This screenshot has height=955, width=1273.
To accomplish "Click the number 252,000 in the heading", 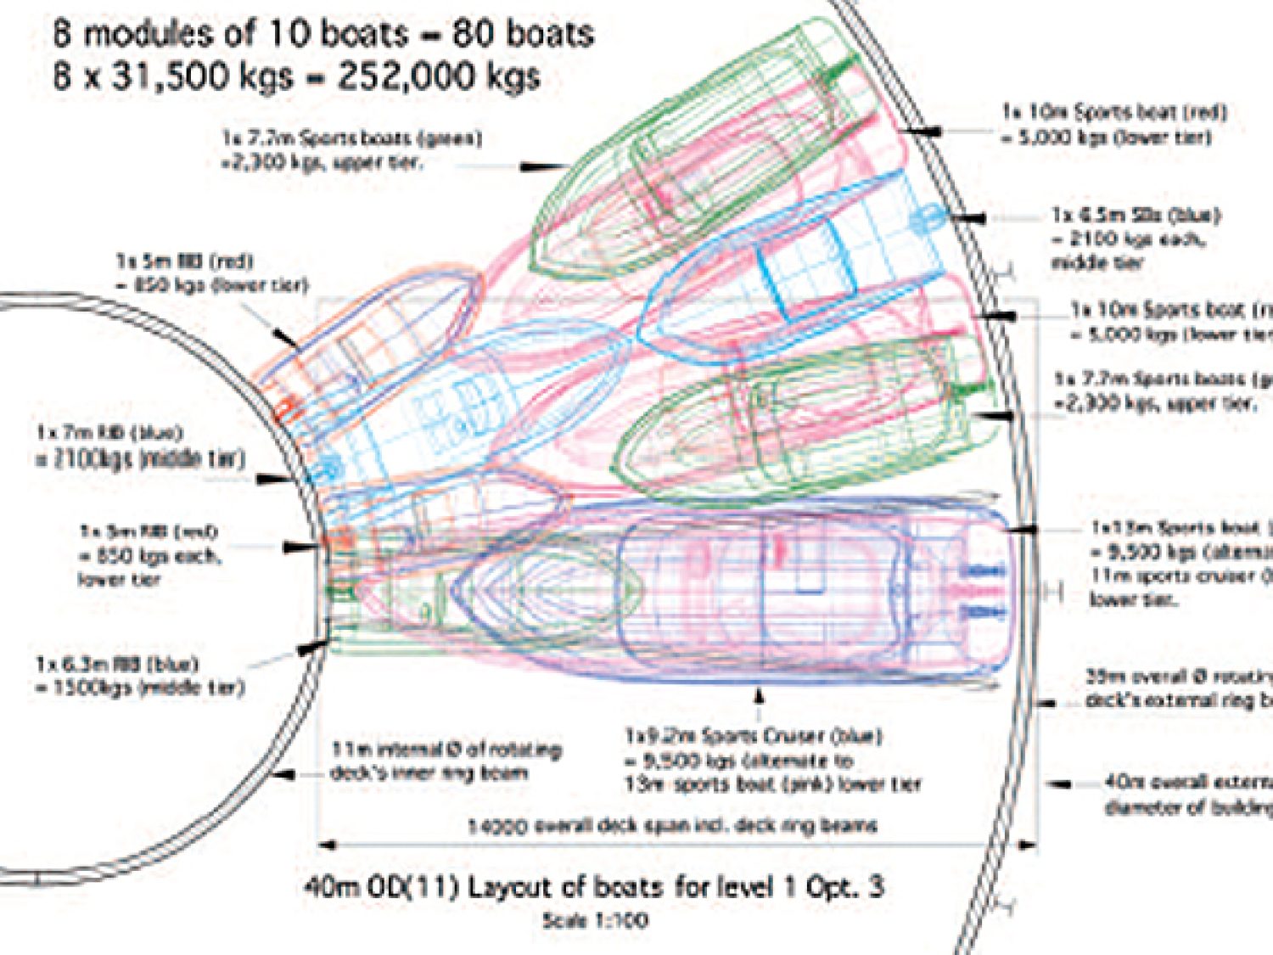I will point(438,76).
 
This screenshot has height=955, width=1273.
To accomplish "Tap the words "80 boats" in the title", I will point(523,34).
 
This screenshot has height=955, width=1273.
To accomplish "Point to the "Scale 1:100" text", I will point(596,919).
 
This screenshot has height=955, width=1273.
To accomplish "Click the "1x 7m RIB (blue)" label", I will point(109,433).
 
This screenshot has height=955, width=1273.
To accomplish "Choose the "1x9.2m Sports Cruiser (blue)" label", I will point(753,735).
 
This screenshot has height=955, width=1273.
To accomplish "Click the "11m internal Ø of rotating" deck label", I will point(446,750).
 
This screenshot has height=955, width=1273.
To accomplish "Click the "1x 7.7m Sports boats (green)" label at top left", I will point(351,138).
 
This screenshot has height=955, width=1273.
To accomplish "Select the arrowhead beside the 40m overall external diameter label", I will point(1059,784).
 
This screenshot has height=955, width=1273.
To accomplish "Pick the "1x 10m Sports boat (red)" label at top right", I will point(1114,112).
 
